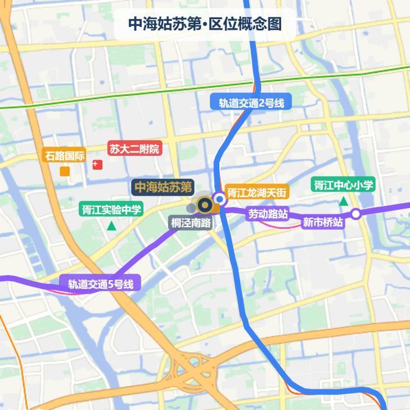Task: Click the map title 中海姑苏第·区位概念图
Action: click(x=205, y=24)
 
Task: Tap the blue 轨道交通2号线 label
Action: click(x=251, y=103)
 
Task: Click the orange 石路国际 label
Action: click(x=65, y=155)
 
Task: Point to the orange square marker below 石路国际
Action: click(x=65, y=170)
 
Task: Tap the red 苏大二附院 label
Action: click(x=135, y=149)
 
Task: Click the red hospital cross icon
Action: click(x=98, y=165)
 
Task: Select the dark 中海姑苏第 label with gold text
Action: click(x=163, y=187)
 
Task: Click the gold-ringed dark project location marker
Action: click(x=205, y=205)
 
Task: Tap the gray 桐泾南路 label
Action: click(x=191, y=223)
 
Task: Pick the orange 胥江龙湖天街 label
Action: click(x=257, y=192)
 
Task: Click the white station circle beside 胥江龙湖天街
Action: click(x=220, y=198)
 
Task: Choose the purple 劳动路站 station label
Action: click(x=268, y=214)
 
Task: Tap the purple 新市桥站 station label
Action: click(x=323, y=222)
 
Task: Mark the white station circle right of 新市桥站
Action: click(x=355, y=214)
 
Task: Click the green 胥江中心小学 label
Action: click(x=343, y=185)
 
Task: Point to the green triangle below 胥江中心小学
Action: click(x=343, y=201)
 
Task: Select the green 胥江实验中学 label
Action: click(x=111, y=210)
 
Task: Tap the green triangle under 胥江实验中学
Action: click(x=111, y=226)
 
